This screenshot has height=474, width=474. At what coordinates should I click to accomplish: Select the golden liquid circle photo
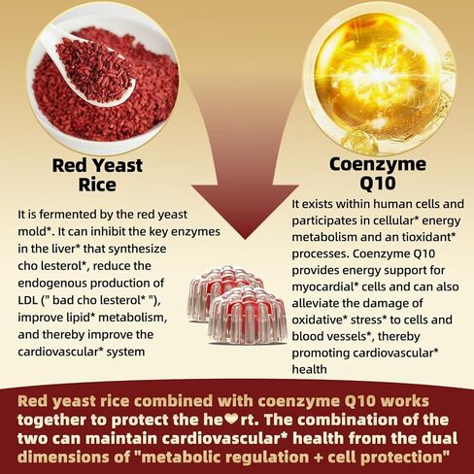(383, 73)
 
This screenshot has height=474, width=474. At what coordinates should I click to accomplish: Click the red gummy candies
(236, 306)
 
